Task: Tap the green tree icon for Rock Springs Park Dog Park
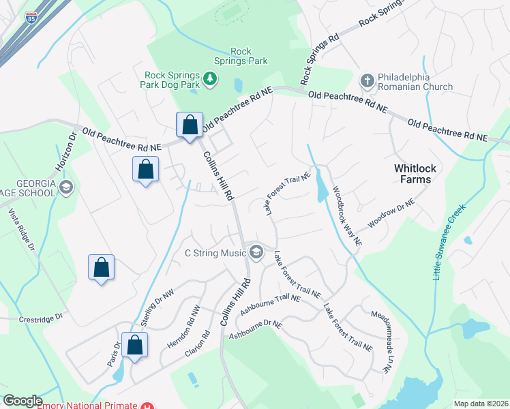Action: point(211,80)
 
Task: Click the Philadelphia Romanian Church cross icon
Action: point(367,81)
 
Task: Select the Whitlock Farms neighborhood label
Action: point(412,174)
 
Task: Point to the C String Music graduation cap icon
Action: point(256,253)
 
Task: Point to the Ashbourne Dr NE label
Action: point(255,329)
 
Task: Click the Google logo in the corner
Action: point(22,401)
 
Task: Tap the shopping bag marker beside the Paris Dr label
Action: point(135,344)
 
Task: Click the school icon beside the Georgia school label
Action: point(66,187)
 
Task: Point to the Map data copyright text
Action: point(480,404)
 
